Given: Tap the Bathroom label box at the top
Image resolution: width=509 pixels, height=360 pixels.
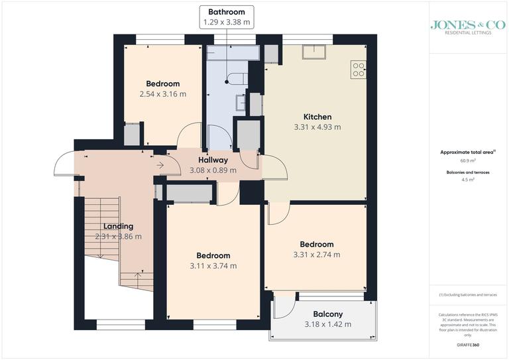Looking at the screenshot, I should tap(227, 17).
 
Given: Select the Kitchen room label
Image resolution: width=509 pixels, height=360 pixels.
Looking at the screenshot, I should tap(317, 117).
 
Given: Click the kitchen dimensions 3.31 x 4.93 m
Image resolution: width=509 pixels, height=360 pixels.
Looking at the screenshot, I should tap(317, 127).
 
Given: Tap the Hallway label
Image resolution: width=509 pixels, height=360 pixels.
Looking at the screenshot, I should tap(213, 160).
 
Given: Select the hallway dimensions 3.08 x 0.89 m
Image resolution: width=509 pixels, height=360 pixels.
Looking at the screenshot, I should tap(213, 170).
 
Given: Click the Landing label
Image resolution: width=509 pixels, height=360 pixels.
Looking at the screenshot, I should tap(118, 226).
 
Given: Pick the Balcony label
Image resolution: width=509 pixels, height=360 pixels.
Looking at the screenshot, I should tap(328, 314).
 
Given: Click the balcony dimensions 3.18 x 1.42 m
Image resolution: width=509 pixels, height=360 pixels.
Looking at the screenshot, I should tap(328, 324).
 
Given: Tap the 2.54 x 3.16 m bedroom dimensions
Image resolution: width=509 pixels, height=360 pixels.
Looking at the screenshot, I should tap(163, 94).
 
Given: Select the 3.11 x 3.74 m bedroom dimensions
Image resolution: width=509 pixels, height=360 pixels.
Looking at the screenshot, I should tap(213, 266).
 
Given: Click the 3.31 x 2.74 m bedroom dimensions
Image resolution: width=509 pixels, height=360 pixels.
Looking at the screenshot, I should tap(317, 255).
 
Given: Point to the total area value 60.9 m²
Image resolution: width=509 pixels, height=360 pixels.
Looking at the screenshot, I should tap(467, 160).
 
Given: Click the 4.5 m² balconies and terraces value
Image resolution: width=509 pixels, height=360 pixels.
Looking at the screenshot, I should tap(467, 179).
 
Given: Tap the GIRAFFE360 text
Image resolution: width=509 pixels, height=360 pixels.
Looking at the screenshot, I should tap(467, 347).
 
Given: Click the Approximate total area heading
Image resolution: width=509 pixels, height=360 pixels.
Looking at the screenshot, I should tap(467, 152).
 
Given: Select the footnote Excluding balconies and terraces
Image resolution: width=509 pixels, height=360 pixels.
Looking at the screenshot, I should tap(467, 294).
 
